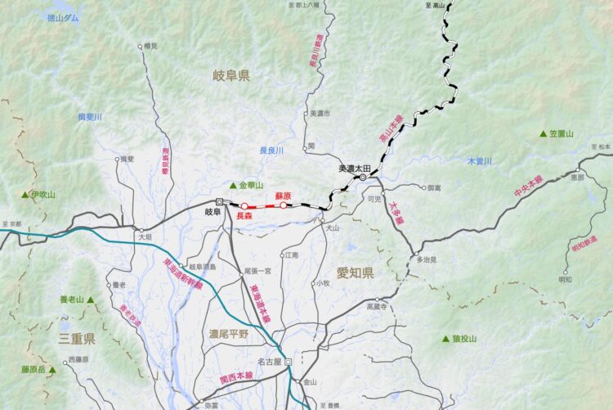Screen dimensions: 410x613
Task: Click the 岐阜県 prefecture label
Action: tap(230, 75)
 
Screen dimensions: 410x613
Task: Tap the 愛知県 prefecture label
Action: tap(355, 273)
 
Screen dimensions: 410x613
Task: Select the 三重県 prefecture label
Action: tap(77, 337)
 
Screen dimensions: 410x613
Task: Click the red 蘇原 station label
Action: tap(283, 196)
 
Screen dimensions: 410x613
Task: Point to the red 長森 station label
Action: tap(244, 216)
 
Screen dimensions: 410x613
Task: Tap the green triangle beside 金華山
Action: tap(232, 185)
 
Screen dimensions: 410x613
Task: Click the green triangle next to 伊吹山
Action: tap(25, 195)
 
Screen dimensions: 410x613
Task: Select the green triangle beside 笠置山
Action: tap(542, 134)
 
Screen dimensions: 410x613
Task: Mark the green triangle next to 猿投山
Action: tap(445, 338)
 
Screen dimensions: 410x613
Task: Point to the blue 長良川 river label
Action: tap(271, 151)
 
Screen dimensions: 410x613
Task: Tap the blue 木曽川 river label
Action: tap(480, 161)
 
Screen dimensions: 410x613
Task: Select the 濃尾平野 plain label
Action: tap(228, 334)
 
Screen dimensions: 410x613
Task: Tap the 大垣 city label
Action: tap(145, 237)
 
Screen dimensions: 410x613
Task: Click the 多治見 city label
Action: tap(427, 259)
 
